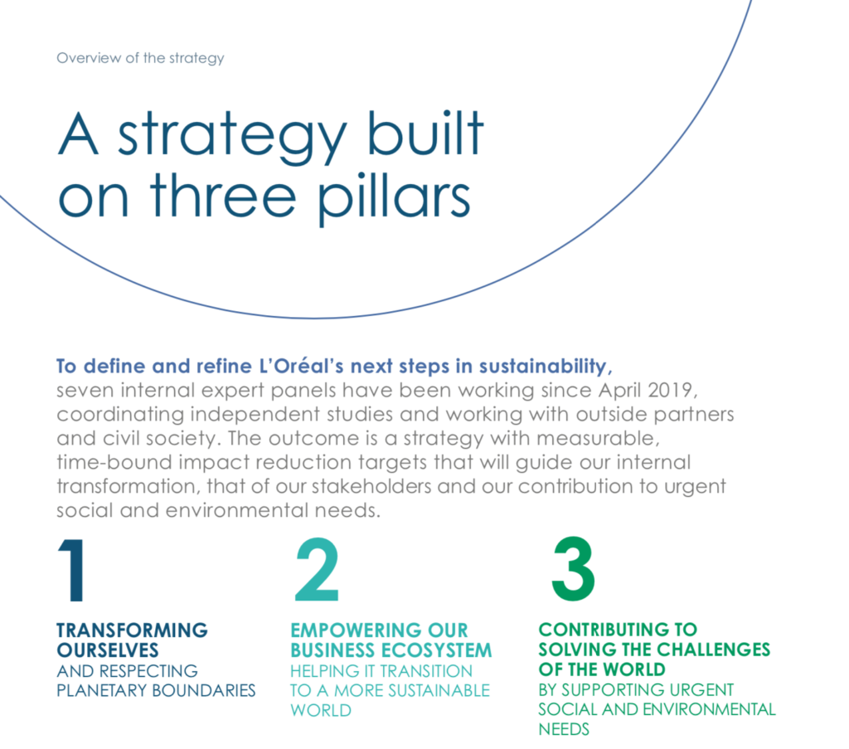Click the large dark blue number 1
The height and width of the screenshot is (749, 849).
[x=73, y=570]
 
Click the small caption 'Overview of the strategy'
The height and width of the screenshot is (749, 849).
[x=140, y=58]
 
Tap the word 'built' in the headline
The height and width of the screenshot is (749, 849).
[x=425, y=133]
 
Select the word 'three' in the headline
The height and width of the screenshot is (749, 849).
[x=223, y=195]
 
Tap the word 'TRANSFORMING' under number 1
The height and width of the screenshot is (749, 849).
[x=132, y=630]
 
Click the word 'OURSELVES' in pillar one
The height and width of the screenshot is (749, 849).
[x=108, y=650]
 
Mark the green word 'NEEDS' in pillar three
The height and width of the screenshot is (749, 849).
[x=564, y=729]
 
